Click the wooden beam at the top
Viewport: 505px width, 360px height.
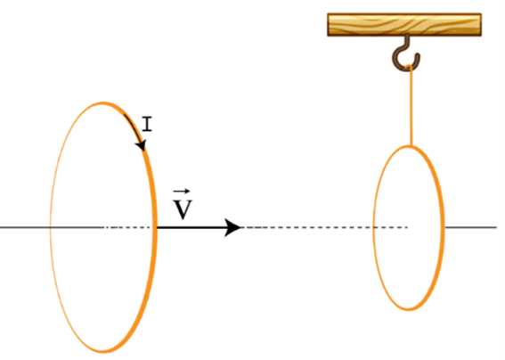coord(404,25)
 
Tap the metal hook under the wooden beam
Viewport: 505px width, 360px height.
coord(406,53)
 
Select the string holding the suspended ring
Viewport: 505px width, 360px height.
coord(411,106)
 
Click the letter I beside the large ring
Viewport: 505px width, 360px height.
coord(147,124)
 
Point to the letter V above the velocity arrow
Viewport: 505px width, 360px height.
coord(183,209)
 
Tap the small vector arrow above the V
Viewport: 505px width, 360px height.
coord(182,192)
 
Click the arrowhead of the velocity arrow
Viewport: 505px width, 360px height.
coord(232,227)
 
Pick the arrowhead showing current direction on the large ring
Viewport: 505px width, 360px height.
coord(141,145)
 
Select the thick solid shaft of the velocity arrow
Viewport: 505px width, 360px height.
coord(191,227)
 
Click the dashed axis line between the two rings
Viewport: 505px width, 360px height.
coord(324,227)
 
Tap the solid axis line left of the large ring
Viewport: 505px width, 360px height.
coord(25,227)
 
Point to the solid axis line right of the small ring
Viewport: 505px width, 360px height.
coord(471,227)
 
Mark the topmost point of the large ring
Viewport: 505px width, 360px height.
coord(103,103)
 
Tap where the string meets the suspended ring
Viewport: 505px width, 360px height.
coord(411,146)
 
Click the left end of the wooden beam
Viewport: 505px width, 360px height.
coord(328,25)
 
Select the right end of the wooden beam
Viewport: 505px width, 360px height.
coord(481,25)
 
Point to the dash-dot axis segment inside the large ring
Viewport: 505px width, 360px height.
coord(127,227)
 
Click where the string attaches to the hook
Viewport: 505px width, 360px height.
coord(411,67)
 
